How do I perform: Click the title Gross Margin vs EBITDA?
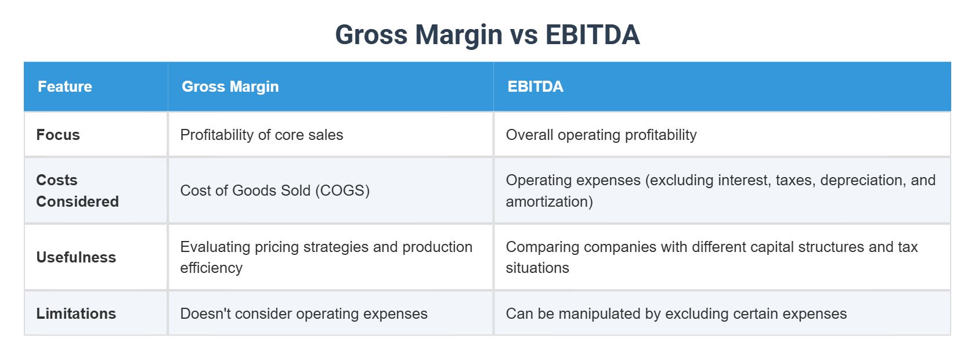tap(487, 35)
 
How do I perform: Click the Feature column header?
tap(65, 87)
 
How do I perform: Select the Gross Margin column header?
tap(230, 87)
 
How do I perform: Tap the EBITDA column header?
tap(535, 87)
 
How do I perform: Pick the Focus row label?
tap(58, 135)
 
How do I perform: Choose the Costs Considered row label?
tap(77, 190)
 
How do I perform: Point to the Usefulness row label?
tap(76, 257)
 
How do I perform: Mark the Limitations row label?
tap(76, 314)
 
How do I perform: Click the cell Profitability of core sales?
tap(262, 135)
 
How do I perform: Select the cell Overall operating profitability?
tap(601, 135)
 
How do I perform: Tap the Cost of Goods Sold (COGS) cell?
tap(275, 190)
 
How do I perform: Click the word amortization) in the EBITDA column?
tap(549, 201)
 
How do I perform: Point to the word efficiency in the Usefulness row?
tap(211, 268)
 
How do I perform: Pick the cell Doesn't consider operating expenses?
tap(304, 314)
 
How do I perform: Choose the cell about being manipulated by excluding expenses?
tap(676, 314)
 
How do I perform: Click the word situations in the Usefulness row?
tap(537, 268)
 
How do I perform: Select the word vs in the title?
tap(523, 35)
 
